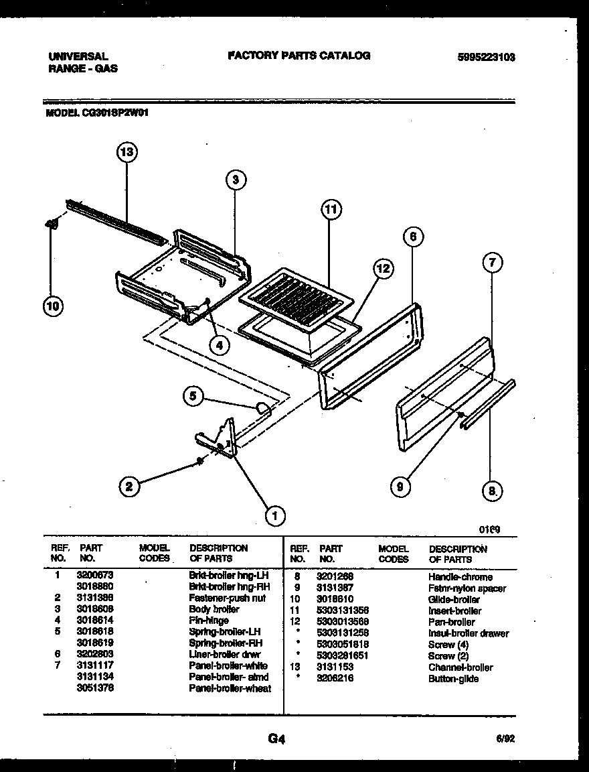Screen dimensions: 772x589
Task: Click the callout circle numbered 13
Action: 126,153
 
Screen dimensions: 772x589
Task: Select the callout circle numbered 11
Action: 329,210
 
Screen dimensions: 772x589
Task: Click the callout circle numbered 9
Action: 400,487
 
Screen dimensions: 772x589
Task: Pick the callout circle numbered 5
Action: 193,397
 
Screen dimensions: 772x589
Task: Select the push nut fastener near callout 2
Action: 199,460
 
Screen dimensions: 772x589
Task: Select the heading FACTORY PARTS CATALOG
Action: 299,56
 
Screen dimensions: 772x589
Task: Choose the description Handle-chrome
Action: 460,577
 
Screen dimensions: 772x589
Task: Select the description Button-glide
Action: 453,679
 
